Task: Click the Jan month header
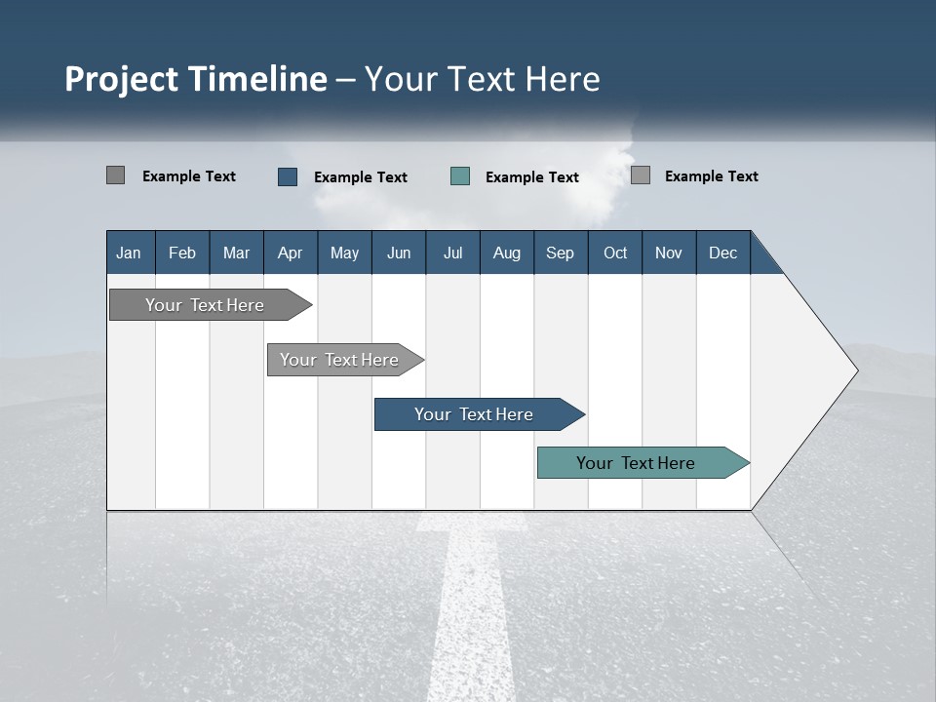(x=129, y=253)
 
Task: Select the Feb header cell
(x=182, y=253)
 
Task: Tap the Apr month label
(x=290, y=253)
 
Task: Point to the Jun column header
(x=399, y=253)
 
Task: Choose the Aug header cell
(x=507, y=253)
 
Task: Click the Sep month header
(x=560, y=253)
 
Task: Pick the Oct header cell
(x=615, y=253)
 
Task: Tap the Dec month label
(x=722, y=253)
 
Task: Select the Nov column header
(x=669, y=253)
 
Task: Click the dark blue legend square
(x=288, y=176)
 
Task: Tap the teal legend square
(x=460, y=176)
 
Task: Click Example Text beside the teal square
(x=532, y=177)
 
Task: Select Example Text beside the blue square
(x=361, y=177)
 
